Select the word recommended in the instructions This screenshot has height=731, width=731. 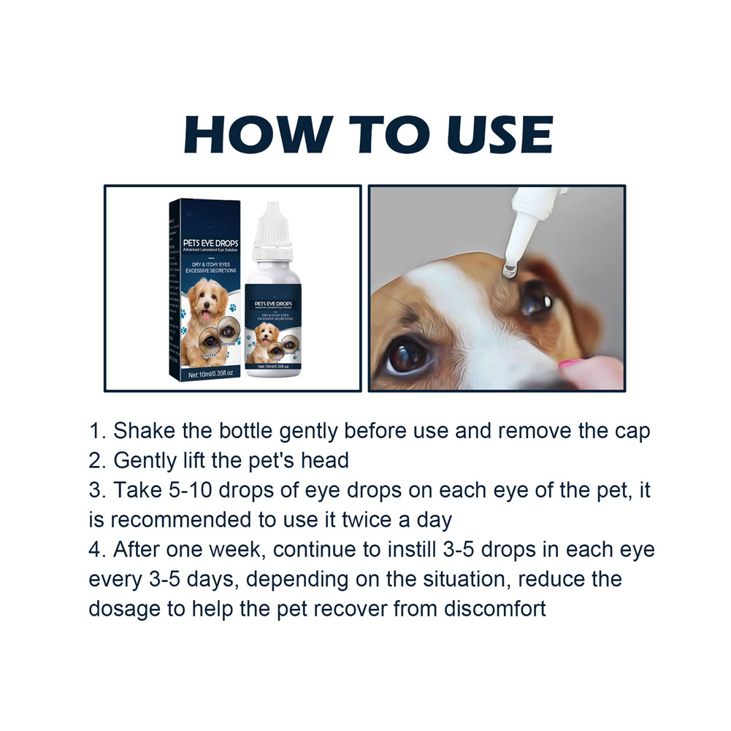point(195,520)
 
